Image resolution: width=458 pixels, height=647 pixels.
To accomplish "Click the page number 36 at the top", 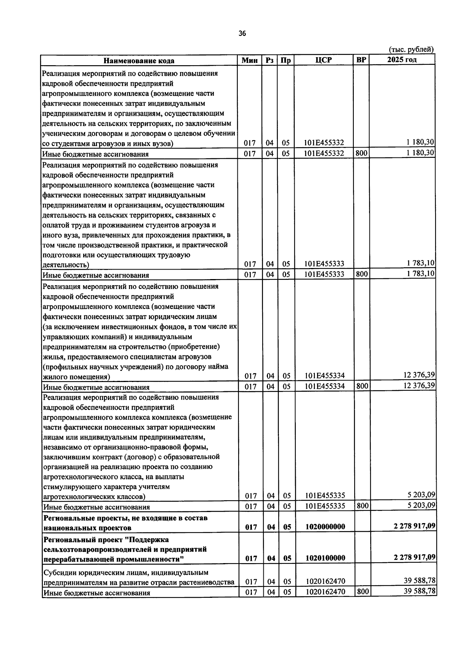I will pos(242,34).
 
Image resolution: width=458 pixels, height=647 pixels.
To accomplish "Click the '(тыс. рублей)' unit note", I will pos(411,49).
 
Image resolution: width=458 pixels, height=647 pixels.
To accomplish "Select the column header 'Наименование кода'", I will pos(139,61).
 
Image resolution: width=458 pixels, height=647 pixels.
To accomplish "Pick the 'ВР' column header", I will pos(361,60).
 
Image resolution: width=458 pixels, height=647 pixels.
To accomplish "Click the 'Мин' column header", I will pos(250,60).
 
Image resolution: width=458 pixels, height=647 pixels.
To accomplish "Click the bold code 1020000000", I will pos(325,527).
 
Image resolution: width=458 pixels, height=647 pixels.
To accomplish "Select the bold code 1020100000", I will pos(325,558).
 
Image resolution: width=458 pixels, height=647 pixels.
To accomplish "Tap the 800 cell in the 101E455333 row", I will pos(361,274).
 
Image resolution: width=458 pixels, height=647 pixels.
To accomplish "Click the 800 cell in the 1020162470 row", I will pos(361,591).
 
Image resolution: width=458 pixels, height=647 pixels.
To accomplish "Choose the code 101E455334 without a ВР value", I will pos(324,376).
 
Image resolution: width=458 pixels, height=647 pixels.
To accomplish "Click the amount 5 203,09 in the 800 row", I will pos(421,505).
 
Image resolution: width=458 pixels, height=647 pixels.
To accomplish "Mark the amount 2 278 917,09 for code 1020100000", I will pos(414,557).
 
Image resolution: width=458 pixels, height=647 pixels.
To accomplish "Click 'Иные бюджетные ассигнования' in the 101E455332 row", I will pos(95,154).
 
